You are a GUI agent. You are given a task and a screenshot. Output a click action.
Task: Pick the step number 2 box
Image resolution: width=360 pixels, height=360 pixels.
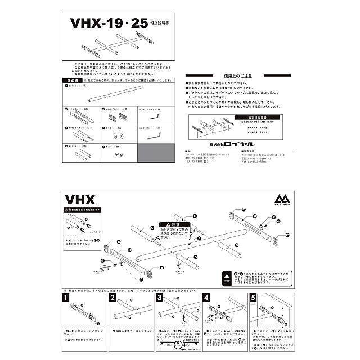(112, 298)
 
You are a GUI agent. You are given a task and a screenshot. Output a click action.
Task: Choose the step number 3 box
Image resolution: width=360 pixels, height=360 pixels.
(160, 298)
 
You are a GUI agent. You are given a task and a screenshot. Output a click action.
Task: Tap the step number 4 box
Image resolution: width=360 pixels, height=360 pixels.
(206, 298)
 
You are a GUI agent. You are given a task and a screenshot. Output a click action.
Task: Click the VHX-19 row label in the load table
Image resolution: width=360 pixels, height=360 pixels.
(252, 128)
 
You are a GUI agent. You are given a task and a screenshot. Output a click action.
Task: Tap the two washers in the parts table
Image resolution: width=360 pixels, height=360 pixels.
(119, 136)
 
